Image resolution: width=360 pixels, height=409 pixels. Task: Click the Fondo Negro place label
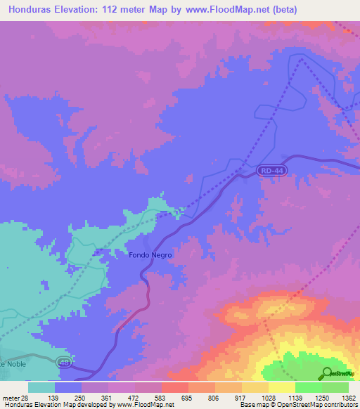click(x=150, y=255)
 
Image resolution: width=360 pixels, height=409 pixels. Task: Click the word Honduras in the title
click(x=32, y=10)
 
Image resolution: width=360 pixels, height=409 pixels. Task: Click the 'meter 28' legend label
click(x=15, y=398)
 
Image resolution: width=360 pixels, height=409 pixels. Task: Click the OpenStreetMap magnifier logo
click(x=328, y=374)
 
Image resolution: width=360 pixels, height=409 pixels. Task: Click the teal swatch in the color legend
click(x=41, y=387)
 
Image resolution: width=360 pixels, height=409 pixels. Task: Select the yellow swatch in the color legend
click(x=282, y=387)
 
